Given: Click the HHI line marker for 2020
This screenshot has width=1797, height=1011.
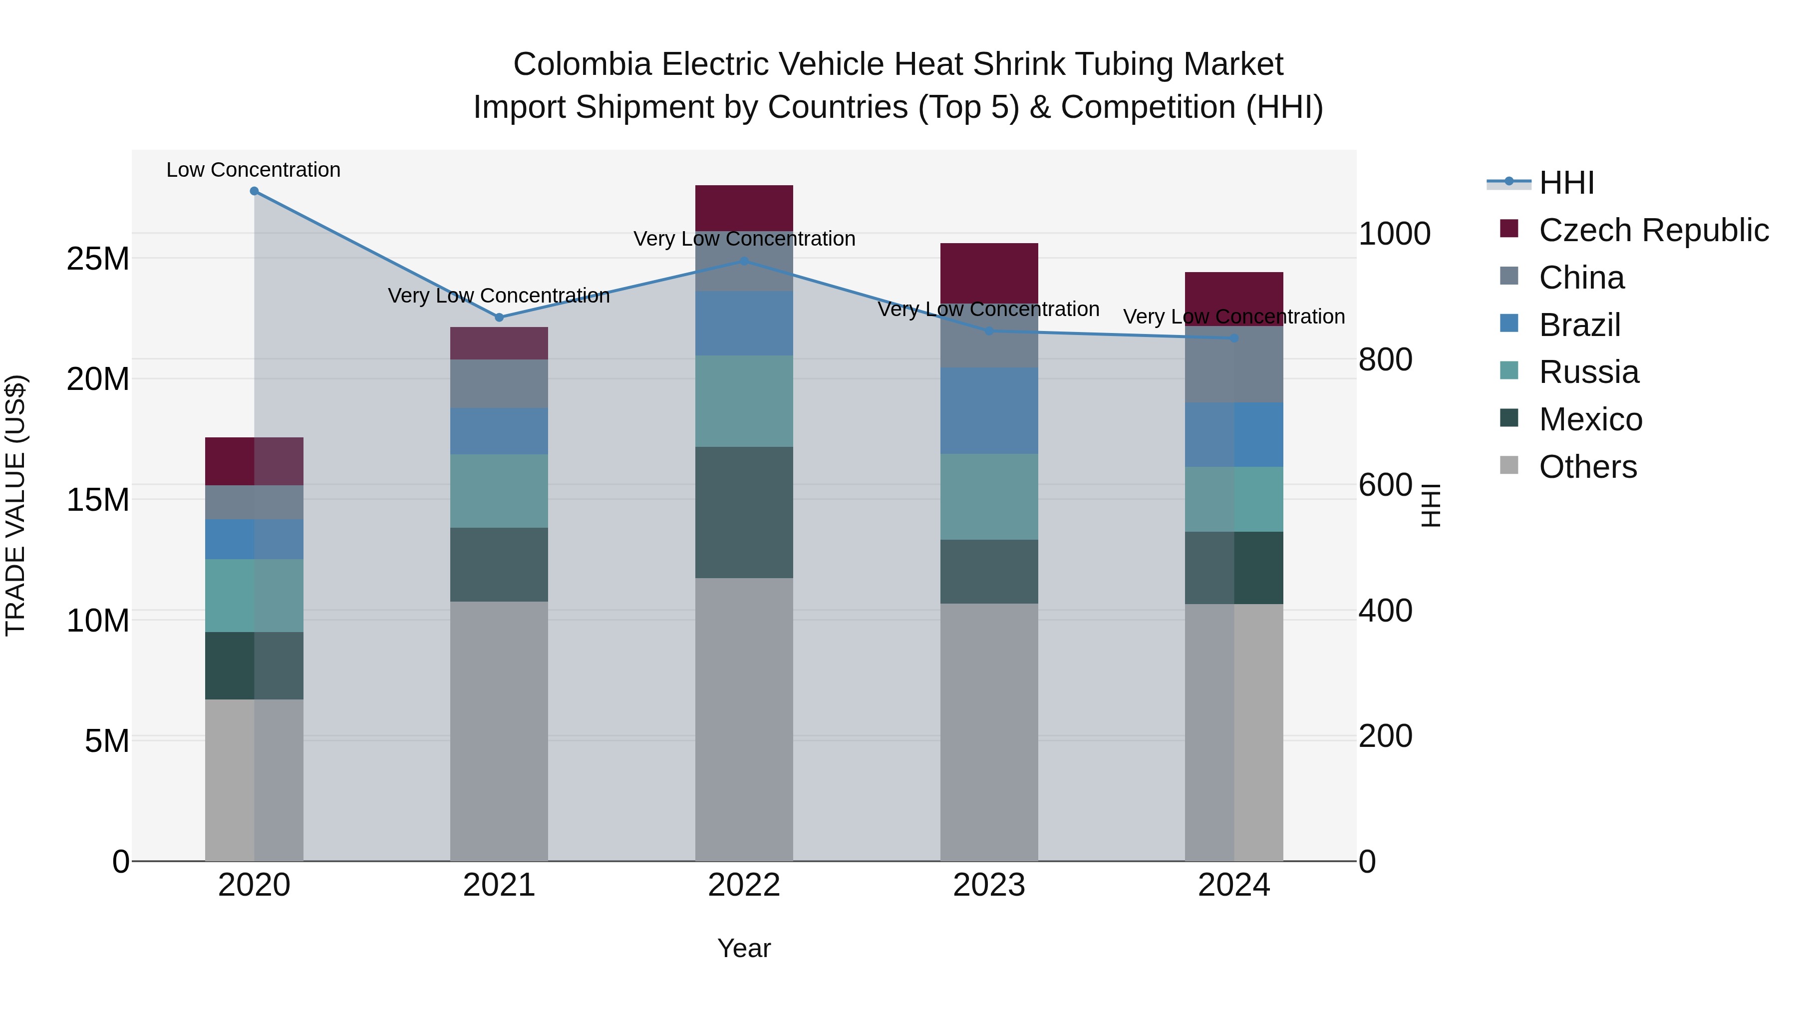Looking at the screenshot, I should coord(254,191).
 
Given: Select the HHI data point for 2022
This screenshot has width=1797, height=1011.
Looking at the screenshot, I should coord(744,261).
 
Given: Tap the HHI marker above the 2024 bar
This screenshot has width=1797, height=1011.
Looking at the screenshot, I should coord(1234,337).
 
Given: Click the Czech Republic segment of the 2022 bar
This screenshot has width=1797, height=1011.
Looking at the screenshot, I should coord(744,208).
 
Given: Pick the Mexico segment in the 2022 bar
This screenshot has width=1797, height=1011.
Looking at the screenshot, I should coord(744,512).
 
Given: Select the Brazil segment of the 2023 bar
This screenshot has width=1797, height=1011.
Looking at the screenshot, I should coord(988,410).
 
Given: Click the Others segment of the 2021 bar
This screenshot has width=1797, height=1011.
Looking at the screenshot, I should coord(499,730).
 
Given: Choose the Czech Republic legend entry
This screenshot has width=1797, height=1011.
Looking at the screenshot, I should coord(1653,230).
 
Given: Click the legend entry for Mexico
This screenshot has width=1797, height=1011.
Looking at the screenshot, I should coord(1590,419).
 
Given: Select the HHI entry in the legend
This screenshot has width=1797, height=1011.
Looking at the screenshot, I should coord(1566,183).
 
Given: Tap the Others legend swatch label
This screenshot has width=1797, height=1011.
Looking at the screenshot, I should coord(1587,467).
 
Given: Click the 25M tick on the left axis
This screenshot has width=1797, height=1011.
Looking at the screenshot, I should coord(98,259).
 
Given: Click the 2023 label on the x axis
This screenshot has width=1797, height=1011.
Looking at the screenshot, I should coord(988,885).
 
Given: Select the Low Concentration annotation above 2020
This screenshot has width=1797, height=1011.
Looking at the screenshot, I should coord(253,170).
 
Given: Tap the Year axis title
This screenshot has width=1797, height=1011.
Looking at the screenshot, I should coord(744,948).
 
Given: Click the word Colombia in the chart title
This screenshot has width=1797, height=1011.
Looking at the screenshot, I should coord(582,64).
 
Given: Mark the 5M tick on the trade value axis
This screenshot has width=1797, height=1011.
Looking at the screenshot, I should coord(107,740).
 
